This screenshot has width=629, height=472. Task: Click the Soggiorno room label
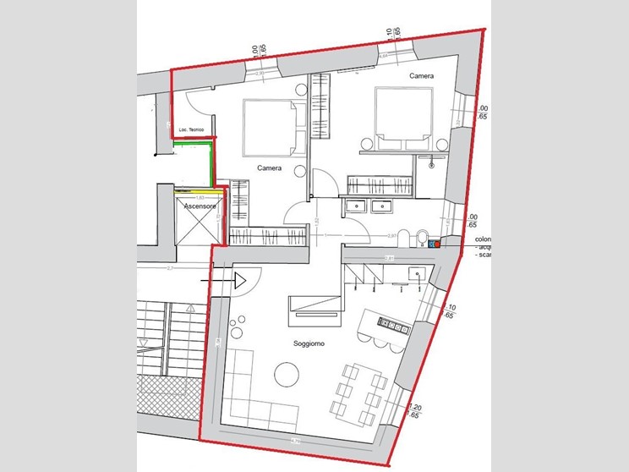point(309,344)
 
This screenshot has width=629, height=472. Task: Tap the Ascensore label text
point(190,206)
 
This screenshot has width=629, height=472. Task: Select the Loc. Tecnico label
point(192,129)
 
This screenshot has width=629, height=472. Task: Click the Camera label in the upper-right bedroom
point(422,76)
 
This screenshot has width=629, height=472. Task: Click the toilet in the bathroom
point(403,238)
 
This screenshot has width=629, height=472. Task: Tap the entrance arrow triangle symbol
point(240,279)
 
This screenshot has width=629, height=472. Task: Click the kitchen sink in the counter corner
point(414,274)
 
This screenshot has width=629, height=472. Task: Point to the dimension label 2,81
point(390,257)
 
